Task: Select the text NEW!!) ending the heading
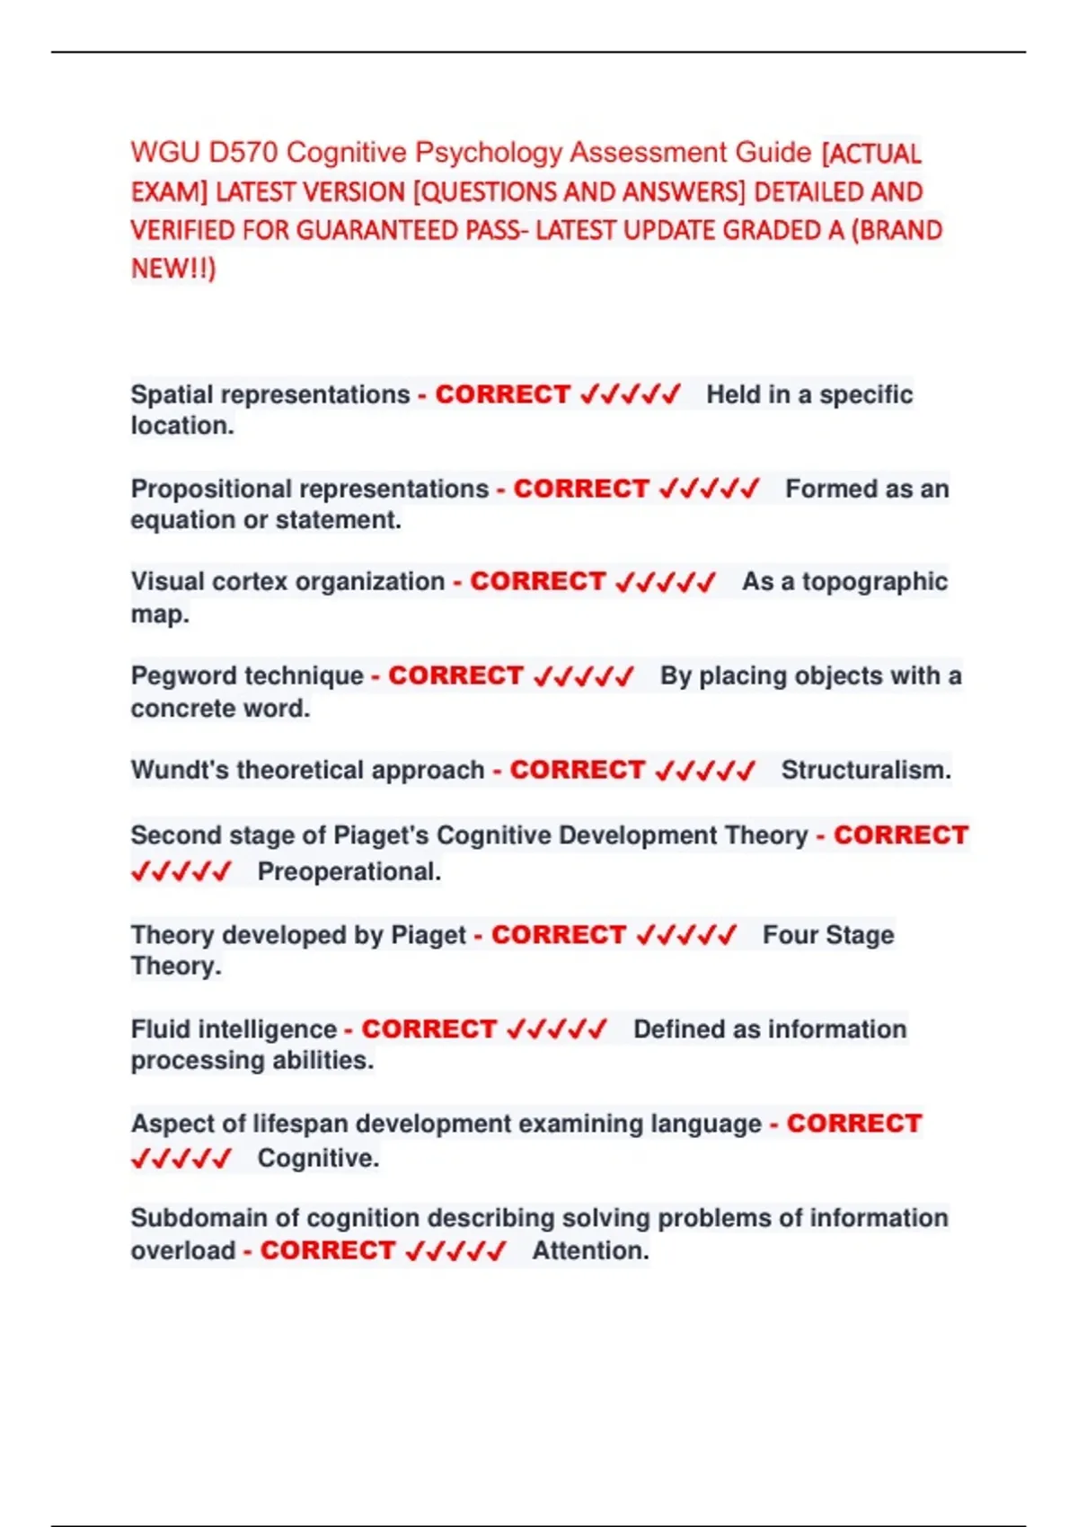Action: click(173, 269)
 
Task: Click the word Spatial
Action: click(172, 394)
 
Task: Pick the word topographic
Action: click(874, 582)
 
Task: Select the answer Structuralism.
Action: click(865, 770)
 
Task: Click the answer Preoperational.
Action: click(349, 871)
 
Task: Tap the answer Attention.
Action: click(590, 1250)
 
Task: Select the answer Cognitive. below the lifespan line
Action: click(318, 1158)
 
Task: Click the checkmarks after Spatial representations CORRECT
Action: click(630, 394)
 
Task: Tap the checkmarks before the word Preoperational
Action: click(181, 871)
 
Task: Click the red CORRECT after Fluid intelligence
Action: click(429, 1028)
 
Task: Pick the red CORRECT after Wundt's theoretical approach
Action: click(577, 770)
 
